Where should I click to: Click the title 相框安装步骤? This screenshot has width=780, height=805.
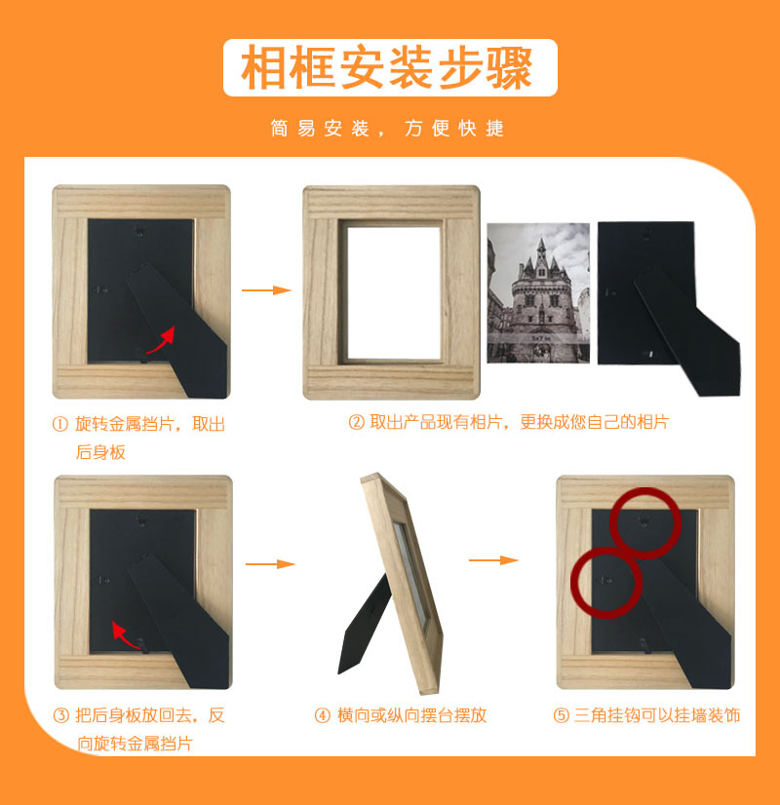tap(389, 67)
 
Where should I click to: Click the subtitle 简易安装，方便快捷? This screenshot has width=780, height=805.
tap(388, 129)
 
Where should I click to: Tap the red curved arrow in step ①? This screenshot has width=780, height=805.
tap(161, 340)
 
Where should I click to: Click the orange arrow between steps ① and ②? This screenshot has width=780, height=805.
tap(266, 290)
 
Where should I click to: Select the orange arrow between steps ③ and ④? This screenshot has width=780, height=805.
tap(269, 564)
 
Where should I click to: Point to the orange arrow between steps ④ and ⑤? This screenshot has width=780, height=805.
tap(493, 560)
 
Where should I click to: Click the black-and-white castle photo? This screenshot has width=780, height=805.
tap(538, 292)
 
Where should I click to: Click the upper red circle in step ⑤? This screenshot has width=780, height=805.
tap(644, 523)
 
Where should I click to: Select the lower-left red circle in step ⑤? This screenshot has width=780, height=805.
tap(605, 583)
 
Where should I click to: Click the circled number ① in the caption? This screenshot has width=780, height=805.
tap(60, 425)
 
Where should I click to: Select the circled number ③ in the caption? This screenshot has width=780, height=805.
tap(60, 715)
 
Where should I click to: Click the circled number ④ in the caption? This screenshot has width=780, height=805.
tap(323, 715)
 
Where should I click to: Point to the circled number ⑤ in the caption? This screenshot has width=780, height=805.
tap(561, 715)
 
